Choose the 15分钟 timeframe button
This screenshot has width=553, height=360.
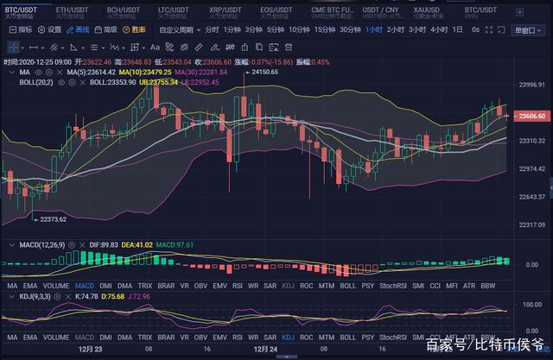pyautogui.click(x=324, y=28)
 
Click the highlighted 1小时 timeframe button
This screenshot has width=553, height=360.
pyautogui.click(x=373, y=28)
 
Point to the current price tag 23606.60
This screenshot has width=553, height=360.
pyautogui.click(x=528, y=115)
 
